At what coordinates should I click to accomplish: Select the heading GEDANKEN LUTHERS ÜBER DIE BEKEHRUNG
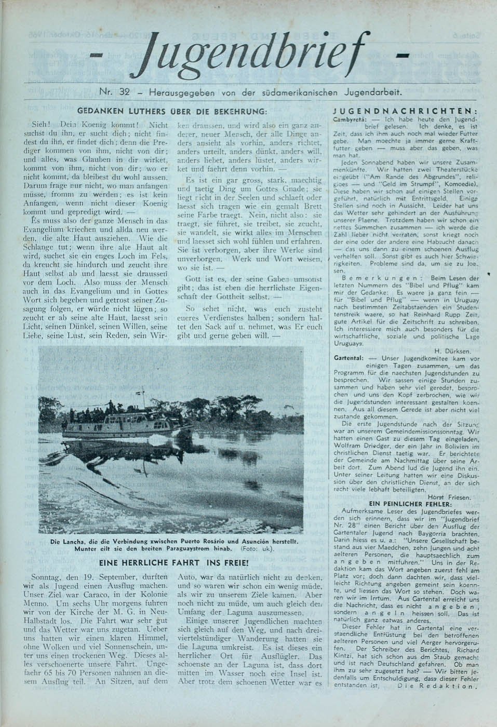pos(172,111)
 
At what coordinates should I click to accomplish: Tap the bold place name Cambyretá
pos(348,119)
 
